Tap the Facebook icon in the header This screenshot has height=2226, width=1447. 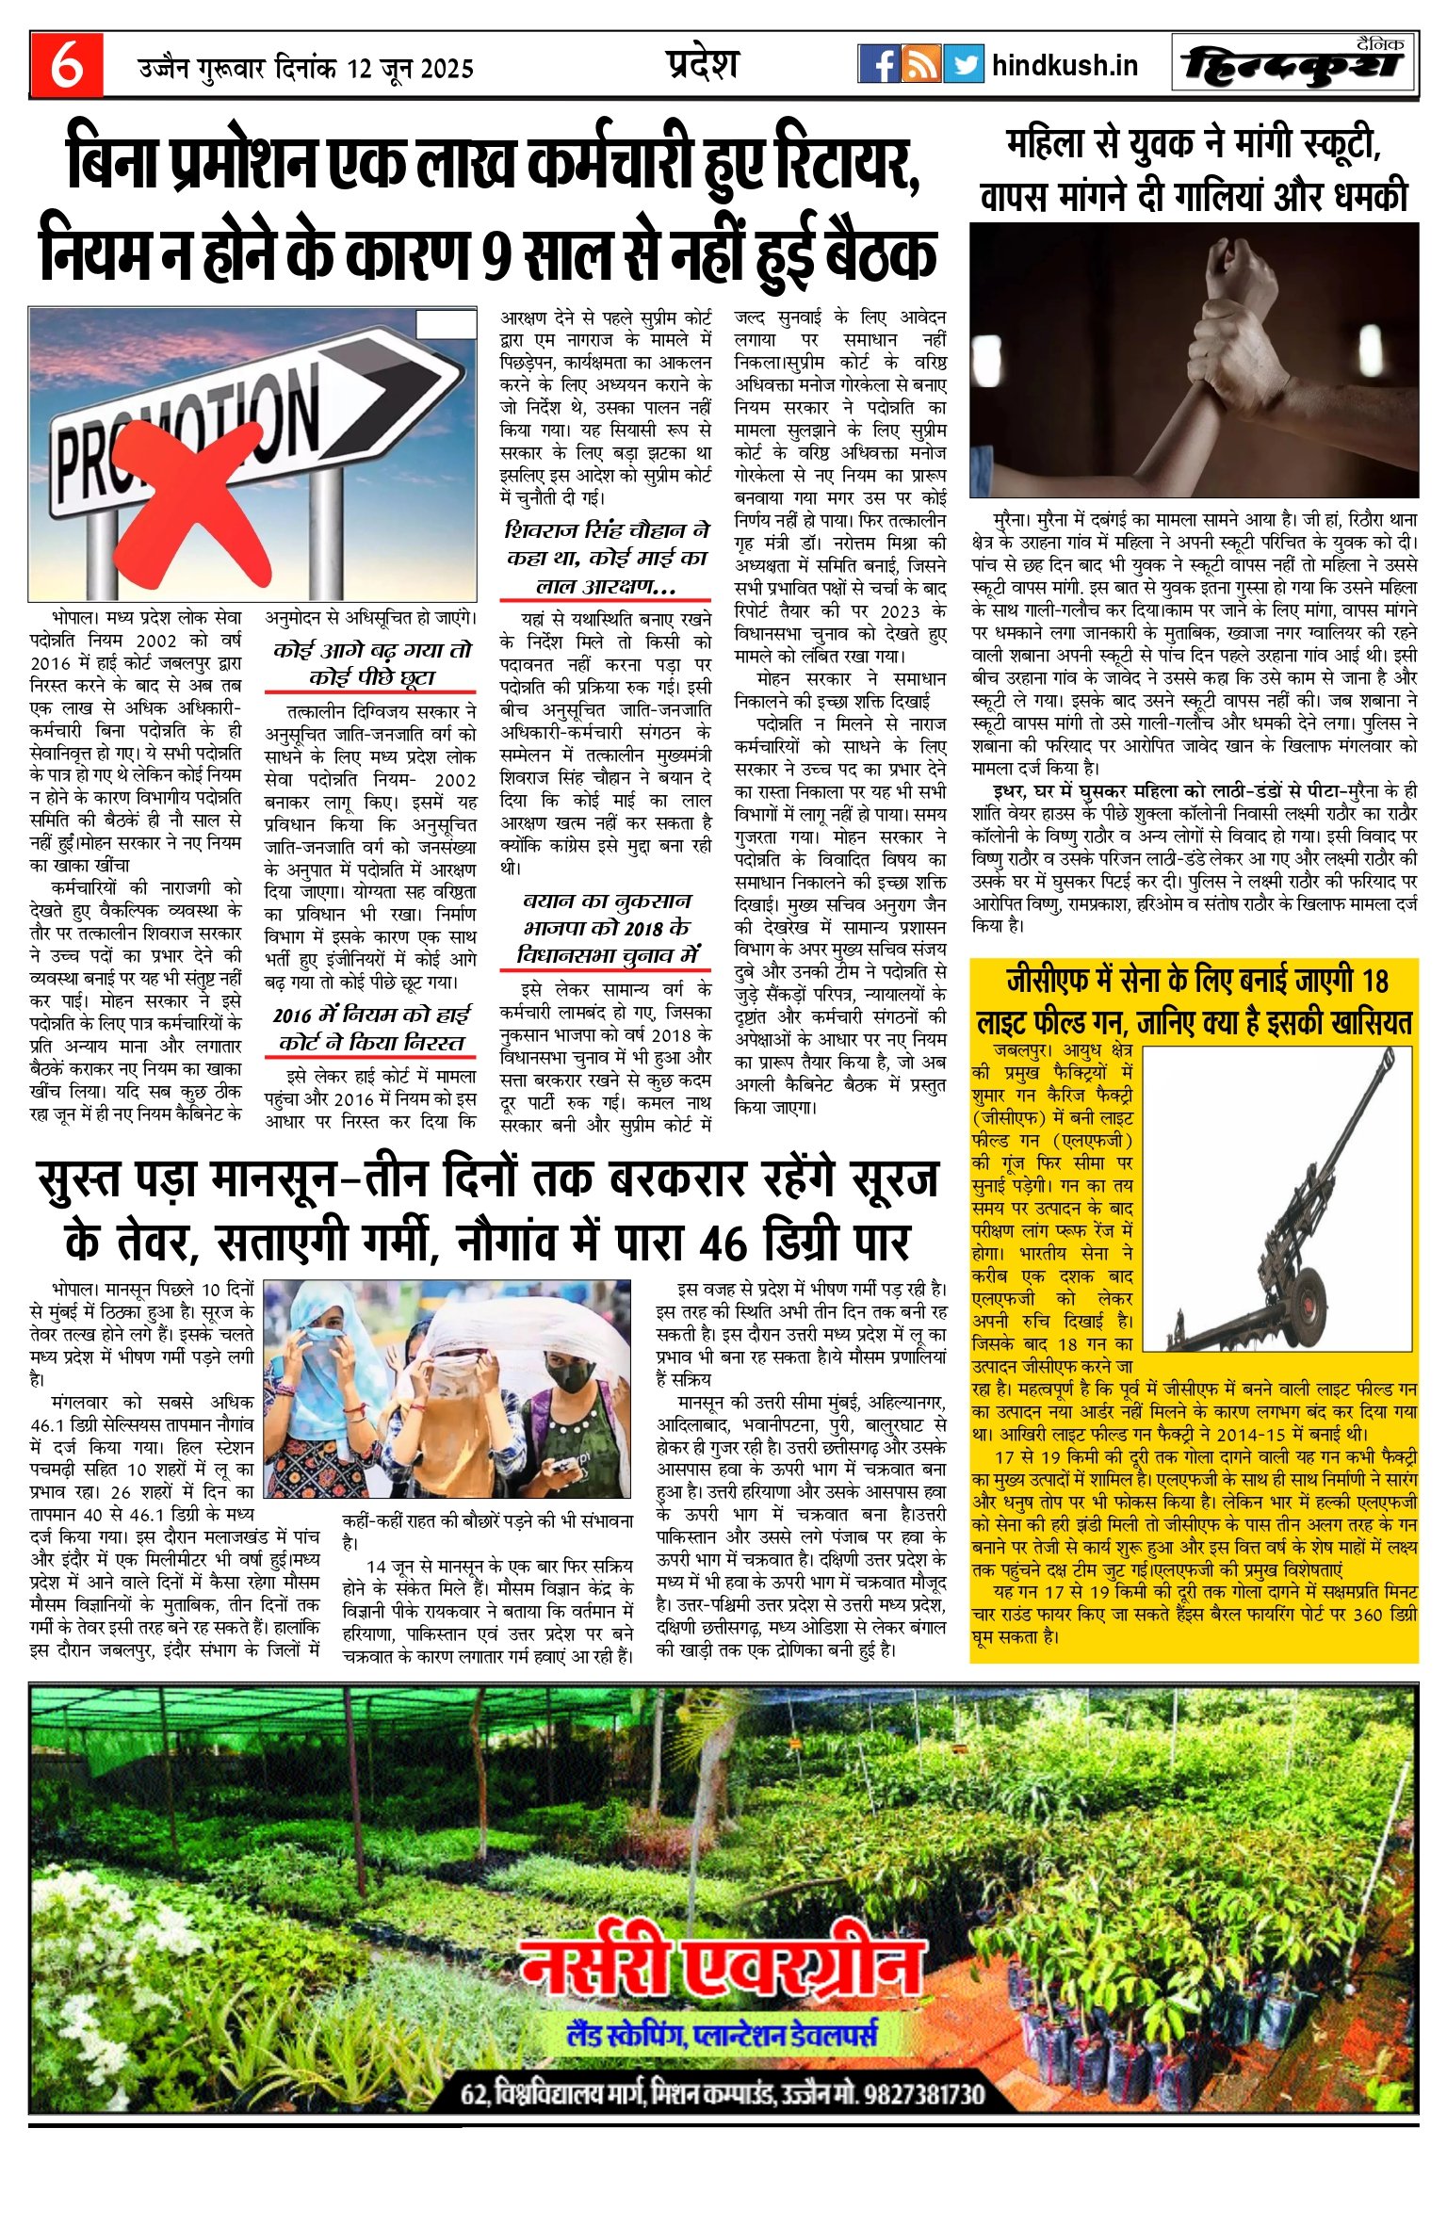tap(878, 64)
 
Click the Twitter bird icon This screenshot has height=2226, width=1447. tap(963, 64)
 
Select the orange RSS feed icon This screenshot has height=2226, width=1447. tap(920, 64)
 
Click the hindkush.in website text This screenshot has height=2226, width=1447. tap(1065, 65)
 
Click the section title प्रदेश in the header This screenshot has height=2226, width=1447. tap(702, 64)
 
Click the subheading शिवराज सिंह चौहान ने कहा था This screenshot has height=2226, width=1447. tap(607, 531)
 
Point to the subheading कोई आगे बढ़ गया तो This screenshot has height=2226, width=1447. tap(372, 651)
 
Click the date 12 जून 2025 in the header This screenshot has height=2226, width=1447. tap(410, 69)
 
